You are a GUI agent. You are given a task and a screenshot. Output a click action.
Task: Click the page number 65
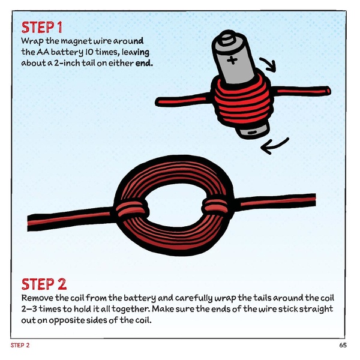click(342, 346)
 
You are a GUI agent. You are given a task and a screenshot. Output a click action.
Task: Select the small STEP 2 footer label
click(20, 346)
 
